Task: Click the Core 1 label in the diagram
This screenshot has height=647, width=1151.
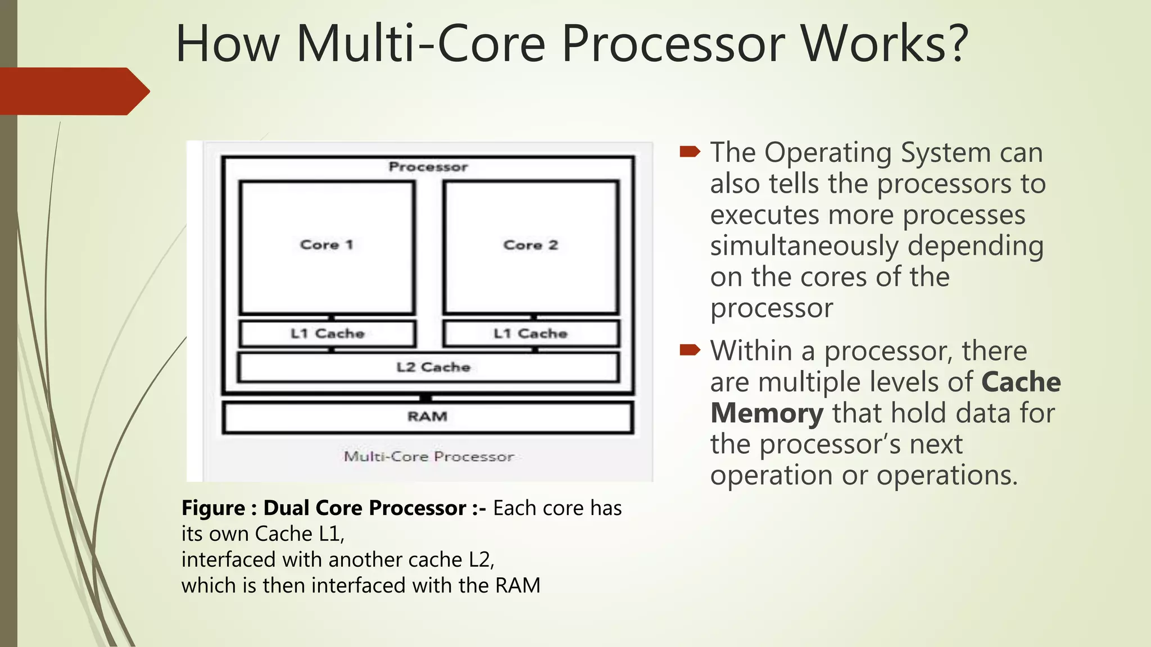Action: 327,245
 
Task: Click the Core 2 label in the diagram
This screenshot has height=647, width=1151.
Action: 531,245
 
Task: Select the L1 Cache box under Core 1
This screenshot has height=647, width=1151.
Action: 328,334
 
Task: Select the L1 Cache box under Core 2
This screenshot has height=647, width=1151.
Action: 531,334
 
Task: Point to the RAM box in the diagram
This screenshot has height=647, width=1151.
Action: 428,417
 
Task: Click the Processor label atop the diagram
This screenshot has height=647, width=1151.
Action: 428,167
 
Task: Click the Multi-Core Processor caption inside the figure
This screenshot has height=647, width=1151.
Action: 429,457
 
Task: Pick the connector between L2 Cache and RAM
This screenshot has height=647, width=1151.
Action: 426,398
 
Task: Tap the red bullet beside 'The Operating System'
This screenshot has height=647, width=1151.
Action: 690,152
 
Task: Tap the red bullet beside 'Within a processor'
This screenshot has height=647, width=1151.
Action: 690,350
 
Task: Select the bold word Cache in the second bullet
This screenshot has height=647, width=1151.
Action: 1021,382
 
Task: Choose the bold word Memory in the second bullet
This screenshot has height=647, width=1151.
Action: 767,413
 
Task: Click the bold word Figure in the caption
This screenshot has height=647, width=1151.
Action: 213,508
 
